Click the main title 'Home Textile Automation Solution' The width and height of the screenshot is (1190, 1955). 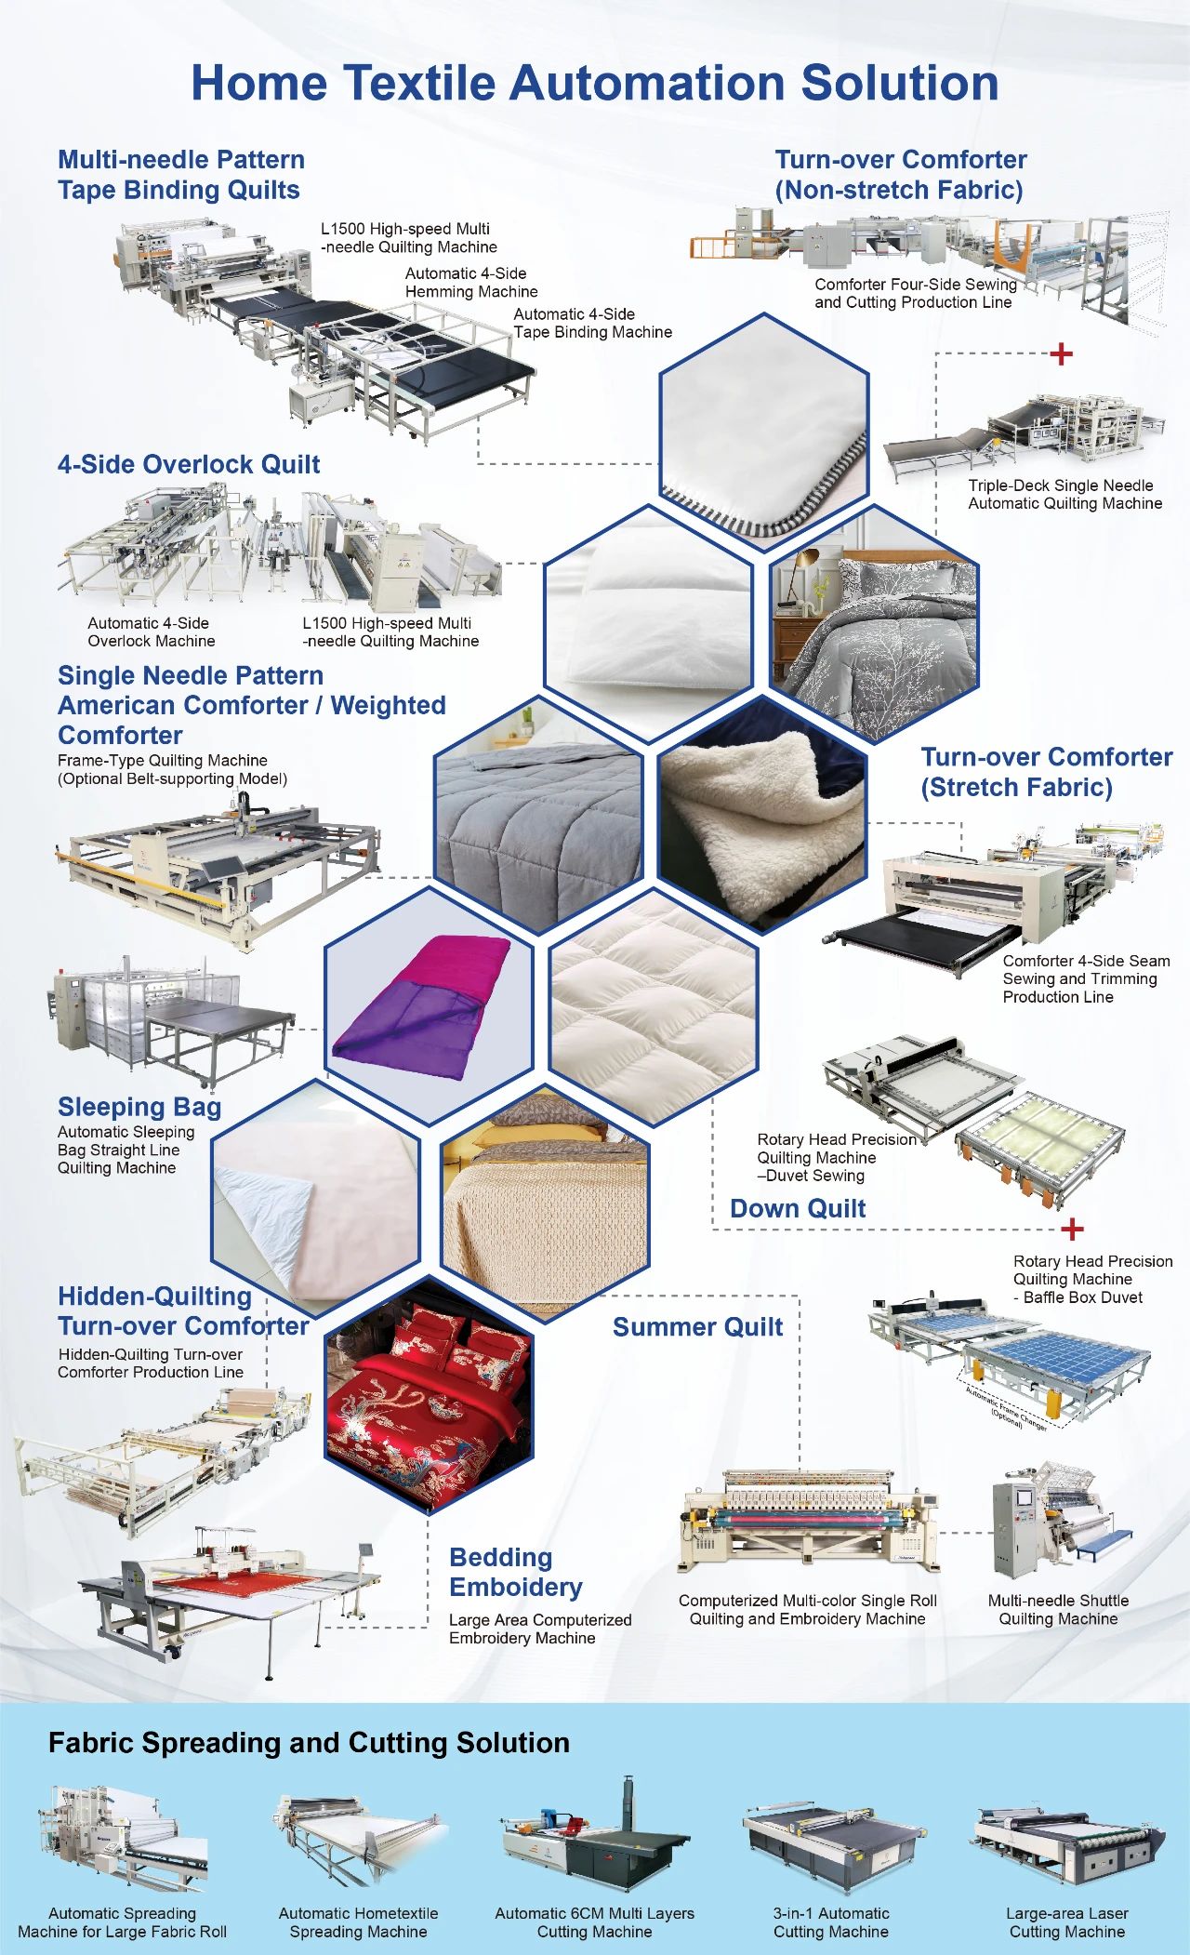[595, 83]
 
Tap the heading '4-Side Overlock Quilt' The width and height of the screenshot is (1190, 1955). [189, 464]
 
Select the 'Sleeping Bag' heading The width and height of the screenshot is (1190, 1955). [139, 1107]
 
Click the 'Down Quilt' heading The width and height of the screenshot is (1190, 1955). [798, 1208]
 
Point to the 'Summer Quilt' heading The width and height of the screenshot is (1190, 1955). [697, 1327]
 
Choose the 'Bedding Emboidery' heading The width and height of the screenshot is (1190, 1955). [515, 1572]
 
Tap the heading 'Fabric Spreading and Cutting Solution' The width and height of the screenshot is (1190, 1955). [309, 1743]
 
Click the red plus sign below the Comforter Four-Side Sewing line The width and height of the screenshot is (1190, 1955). [1061, 354]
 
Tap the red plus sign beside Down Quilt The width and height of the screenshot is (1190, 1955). [1072, 1229]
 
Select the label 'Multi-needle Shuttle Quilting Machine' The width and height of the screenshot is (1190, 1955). [1058, 1609]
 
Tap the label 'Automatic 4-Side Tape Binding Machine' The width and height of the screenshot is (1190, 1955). [592, 324]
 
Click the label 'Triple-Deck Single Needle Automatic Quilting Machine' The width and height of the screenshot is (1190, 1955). [1064, 495]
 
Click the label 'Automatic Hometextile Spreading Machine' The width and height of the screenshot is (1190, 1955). [358, 1922]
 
